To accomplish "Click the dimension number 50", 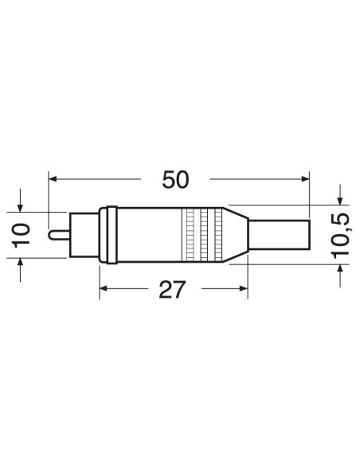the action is pos(175,180).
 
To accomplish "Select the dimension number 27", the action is pos(172,290).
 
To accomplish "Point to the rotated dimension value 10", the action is pos(21,236).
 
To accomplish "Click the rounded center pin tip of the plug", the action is pos(51,235).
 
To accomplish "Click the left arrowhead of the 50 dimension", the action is pos(53,179).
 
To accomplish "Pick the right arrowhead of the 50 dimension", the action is pos(305,179).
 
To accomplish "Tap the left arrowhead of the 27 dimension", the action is pos(104,288).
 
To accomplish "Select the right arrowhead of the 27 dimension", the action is pos(243,288).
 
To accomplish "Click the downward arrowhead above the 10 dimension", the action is pos(20,208).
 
